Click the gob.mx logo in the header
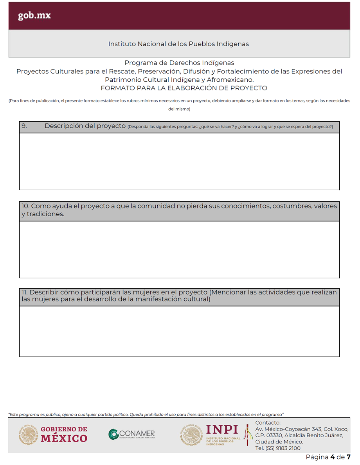(34, 16)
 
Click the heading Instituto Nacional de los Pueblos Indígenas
(178, 44)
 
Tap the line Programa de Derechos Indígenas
(179, 63)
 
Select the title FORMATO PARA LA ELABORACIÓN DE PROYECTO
(184, 88)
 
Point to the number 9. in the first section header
(24, 126)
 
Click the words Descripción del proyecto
(85, 126)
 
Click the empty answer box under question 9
(179, 161)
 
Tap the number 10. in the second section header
(25, 206)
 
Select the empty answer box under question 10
(179, 249)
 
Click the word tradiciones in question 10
(45, 214)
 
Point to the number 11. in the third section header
(25, 292)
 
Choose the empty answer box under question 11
(179, 331)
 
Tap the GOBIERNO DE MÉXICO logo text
(64, 435)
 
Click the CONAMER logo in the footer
(132, 434)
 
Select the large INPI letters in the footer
(222, 429)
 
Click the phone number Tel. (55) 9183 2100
(278, 448)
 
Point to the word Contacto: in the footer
(268, 423)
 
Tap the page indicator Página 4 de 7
(328, 457)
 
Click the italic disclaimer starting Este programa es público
(146, 414)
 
